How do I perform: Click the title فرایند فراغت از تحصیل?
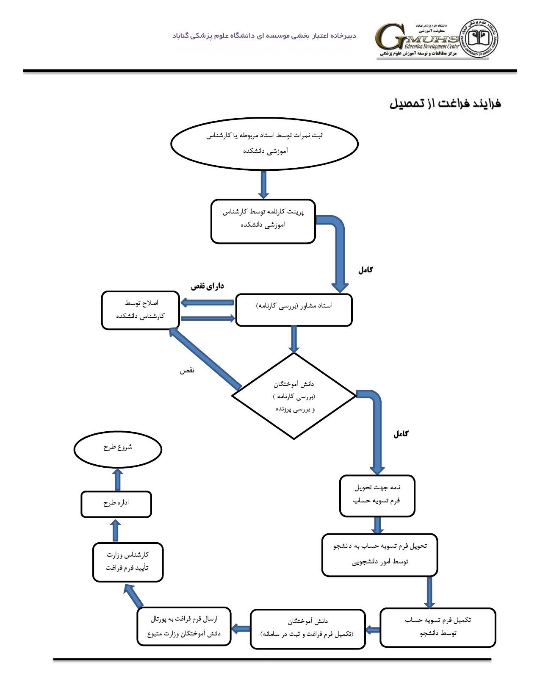click(x=445, y=104)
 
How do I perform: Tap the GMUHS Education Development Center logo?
click(x=417, y=40)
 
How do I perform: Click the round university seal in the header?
click(x=480, y=38)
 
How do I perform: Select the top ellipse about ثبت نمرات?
click(x=264, y=144)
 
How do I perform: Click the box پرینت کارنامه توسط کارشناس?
click(x=263, y=221)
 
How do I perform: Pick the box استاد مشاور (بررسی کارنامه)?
click(x=294, y=310)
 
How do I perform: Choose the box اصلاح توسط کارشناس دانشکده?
click(x=141, y=310)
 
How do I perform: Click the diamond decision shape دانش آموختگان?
click(x=294, y=396)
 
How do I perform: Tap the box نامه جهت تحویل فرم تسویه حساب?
click(x=377, y=495)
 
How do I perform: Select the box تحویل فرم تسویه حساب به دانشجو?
click(x=379, y=555)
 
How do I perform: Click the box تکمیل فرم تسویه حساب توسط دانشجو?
click(x=438, y=627)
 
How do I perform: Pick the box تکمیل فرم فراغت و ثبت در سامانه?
click(x=307, y=629)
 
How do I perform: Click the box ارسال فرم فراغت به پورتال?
click(x=184, y=627)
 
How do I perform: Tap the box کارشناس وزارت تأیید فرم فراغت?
click(x=128, y=562)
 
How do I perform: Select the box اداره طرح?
click(x=116, y=504)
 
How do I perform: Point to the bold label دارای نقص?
click(x=207, y=286)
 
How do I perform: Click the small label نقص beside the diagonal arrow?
click(x=187, y=370)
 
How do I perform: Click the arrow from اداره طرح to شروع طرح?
click(x=118, y=480)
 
